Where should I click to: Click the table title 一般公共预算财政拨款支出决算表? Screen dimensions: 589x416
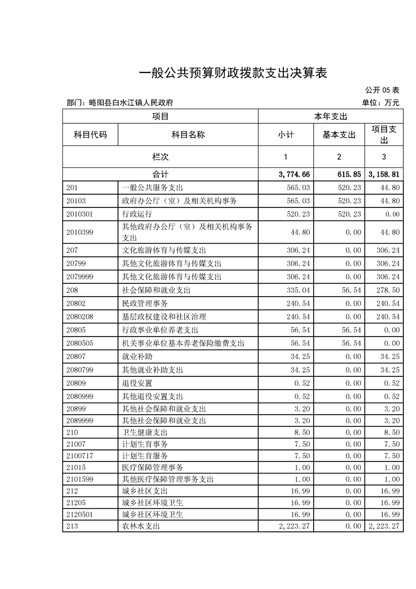click(x=232, y=73)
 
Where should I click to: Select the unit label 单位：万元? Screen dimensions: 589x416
click(x=381, y=103)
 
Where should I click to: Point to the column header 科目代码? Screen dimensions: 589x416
click(x=90, y=135)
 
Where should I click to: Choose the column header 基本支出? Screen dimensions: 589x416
click(x=339, y=135)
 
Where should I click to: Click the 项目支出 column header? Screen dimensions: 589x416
click(x=384, y=135)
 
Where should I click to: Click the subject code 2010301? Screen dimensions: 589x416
click(x=80, y=214)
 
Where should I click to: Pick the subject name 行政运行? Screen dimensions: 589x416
click(x=137, y=214)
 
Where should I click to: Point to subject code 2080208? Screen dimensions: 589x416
click(x=80, y=317)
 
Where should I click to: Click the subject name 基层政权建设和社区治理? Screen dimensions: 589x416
click(x=164, y=317)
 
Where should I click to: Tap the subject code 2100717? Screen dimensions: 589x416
click(x=80, y=456)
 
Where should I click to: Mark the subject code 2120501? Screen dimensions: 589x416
click(x=80, y=514)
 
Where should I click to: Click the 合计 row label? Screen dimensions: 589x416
click(x=160, y=174)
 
